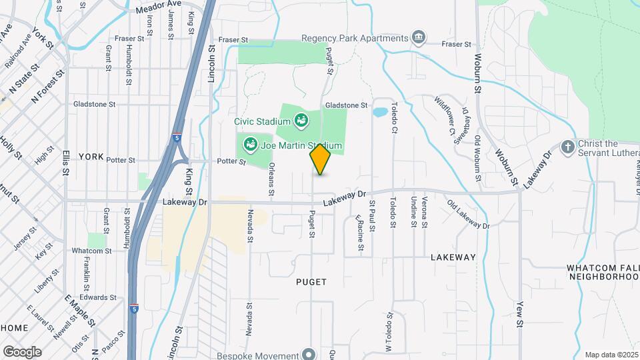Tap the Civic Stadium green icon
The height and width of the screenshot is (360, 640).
[301, 121]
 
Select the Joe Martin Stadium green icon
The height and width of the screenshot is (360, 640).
[251, 143]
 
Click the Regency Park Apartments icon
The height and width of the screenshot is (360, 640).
[419, 37]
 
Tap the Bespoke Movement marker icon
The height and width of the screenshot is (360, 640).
[308, 353]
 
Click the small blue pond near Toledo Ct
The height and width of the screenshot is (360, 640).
[380, 112]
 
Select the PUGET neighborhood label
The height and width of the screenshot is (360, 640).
[311, 282]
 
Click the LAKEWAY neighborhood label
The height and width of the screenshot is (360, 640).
[453, 257]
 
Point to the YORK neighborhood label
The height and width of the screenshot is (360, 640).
[91, 157]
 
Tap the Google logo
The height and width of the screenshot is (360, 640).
[22, 351]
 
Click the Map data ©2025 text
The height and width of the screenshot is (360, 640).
[611, 355]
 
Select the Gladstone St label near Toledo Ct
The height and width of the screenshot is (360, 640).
[346, 105]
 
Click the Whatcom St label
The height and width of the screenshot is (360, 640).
[92, 251]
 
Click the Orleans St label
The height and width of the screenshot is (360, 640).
[271, 180]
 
